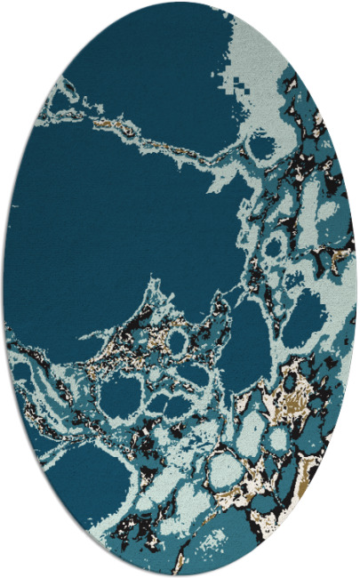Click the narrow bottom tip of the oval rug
(x=180, y=574)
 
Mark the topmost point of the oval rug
(x=180, y=4)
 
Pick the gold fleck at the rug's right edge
(x=341, y=258)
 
